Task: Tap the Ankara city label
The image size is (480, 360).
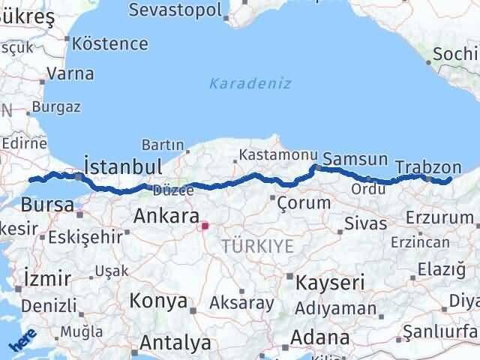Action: [165, 217]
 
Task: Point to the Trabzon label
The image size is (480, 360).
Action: [427, 166]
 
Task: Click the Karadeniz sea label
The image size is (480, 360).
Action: [250, 83]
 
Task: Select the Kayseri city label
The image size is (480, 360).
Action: [330, 283]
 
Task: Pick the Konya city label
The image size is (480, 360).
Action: [158, 301]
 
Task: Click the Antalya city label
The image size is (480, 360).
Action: [175, 343]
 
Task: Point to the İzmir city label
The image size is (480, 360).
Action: [47, 277]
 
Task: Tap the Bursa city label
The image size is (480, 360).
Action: [47, 204]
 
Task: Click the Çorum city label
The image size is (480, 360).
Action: [304, 202]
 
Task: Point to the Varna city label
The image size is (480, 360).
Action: [70, 73]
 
